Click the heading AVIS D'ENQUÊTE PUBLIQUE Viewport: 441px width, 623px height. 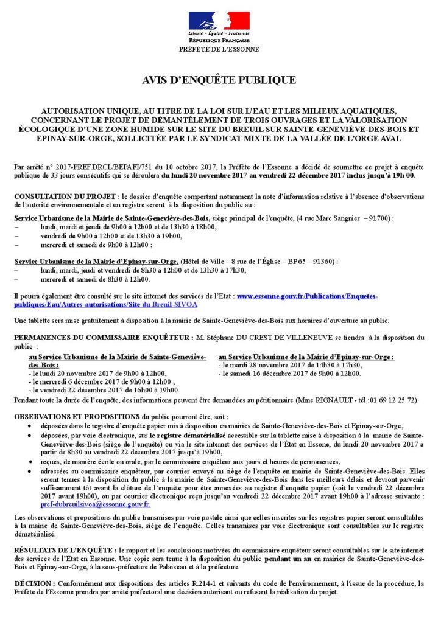pos(219,80)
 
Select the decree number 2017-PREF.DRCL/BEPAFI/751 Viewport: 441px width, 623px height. pos(98,167)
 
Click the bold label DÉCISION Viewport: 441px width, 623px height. pos(34,583)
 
